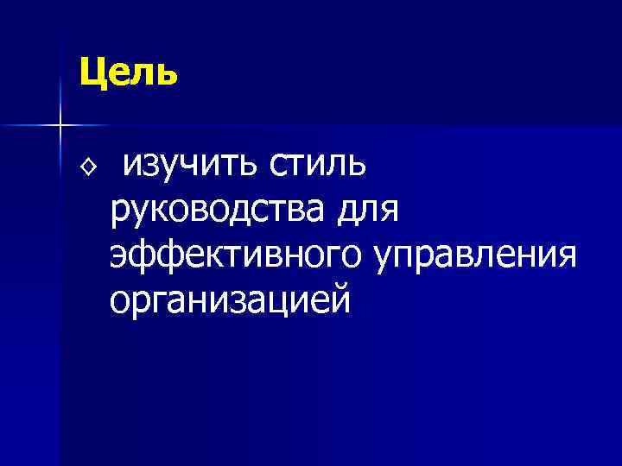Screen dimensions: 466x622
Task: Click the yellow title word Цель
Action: pyautogui.click(x=128, y=72)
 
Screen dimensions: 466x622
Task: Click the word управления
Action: pyautogui.click(x=475, y=256)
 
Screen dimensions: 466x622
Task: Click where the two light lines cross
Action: pyautogui.click(x=59, y=126)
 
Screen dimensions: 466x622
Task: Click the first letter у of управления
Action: pyautogui.click(x=383, y=258)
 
